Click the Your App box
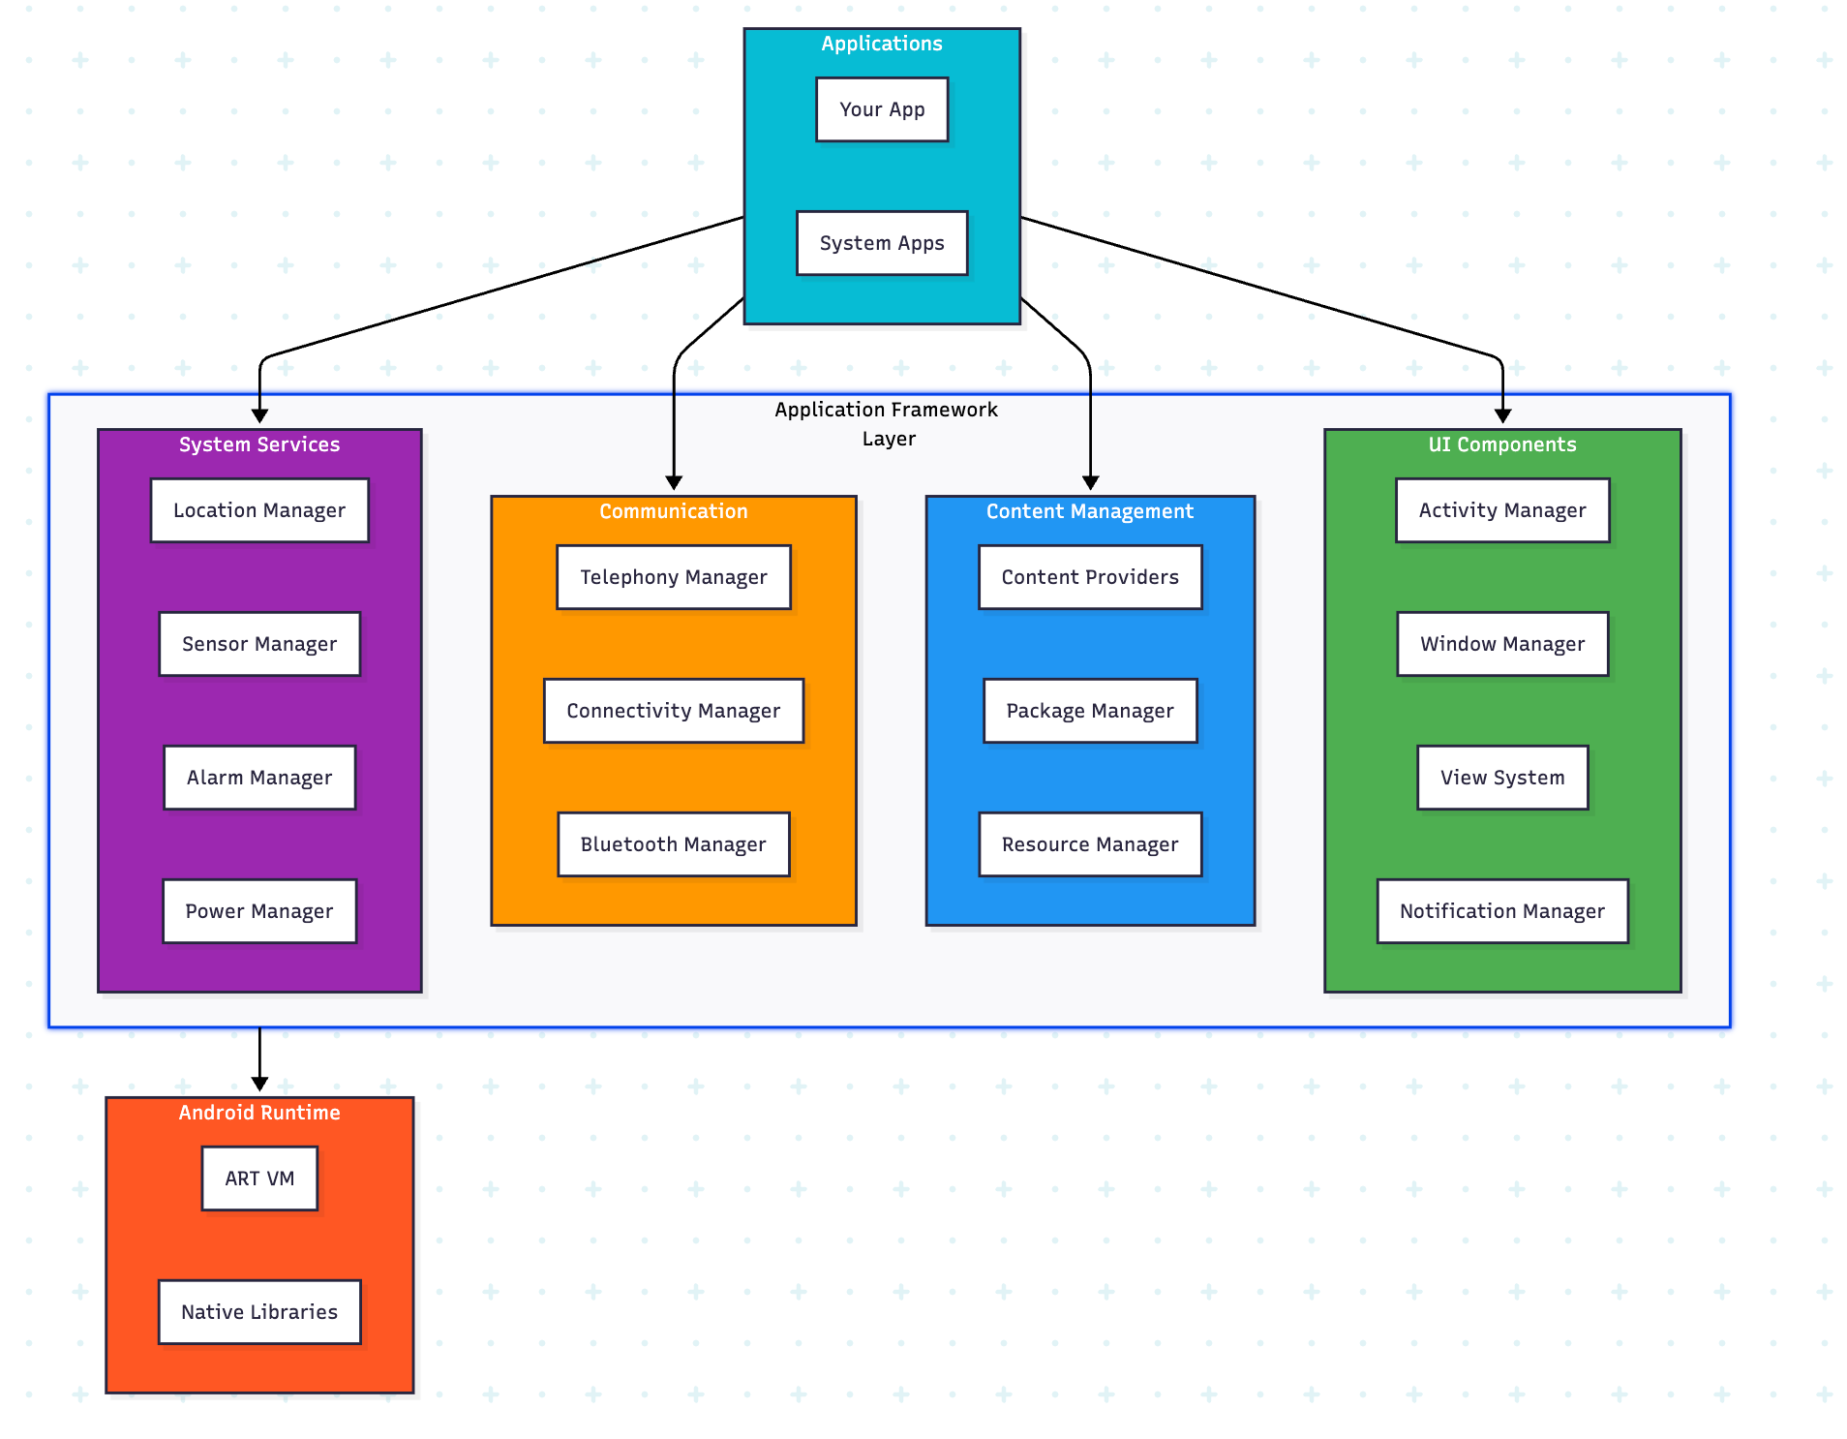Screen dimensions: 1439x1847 (x=881, y=109)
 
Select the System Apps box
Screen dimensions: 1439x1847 (x=881, y=243)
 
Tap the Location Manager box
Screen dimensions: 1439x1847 (x=259, y=510)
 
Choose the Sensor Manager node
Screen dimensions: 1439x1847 (x=259, y=644)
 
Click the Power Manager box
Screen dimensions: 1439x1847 (x=259, y=911)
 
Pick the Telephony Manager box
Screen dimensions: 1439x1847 (x=674, y=577)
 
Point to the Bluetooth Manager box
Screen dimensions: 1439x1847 (x=674, y=844)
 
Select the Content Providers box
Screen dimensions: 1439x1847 (x=1090, y=577)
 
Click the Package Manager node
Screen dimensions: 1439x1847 (x=1090, y=711)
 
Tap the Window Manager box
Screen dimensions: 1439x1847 (x=1502, y=644)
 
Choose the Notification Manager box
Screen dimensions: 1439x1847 (x=1502, y=911)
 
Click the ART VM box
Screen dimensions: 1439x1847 (x=259, y=1179)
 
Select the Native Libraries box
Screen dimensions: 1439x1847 (x=259, y=1312)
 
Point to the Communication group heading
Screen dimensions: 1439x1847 (x=674, y=511)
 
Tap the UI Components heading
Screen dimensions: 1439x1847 (x=1502, y=444)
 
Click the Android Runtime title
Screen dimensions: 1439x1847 (x=259, y=1113)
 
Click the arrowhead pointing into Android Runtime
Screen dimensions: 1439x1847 (x=259, y=1085)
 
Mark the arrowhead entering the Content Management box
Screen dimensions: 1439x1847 (x=1090, y=483)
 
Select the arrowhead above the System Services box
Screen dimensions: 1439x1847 (x=259, y=416)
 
